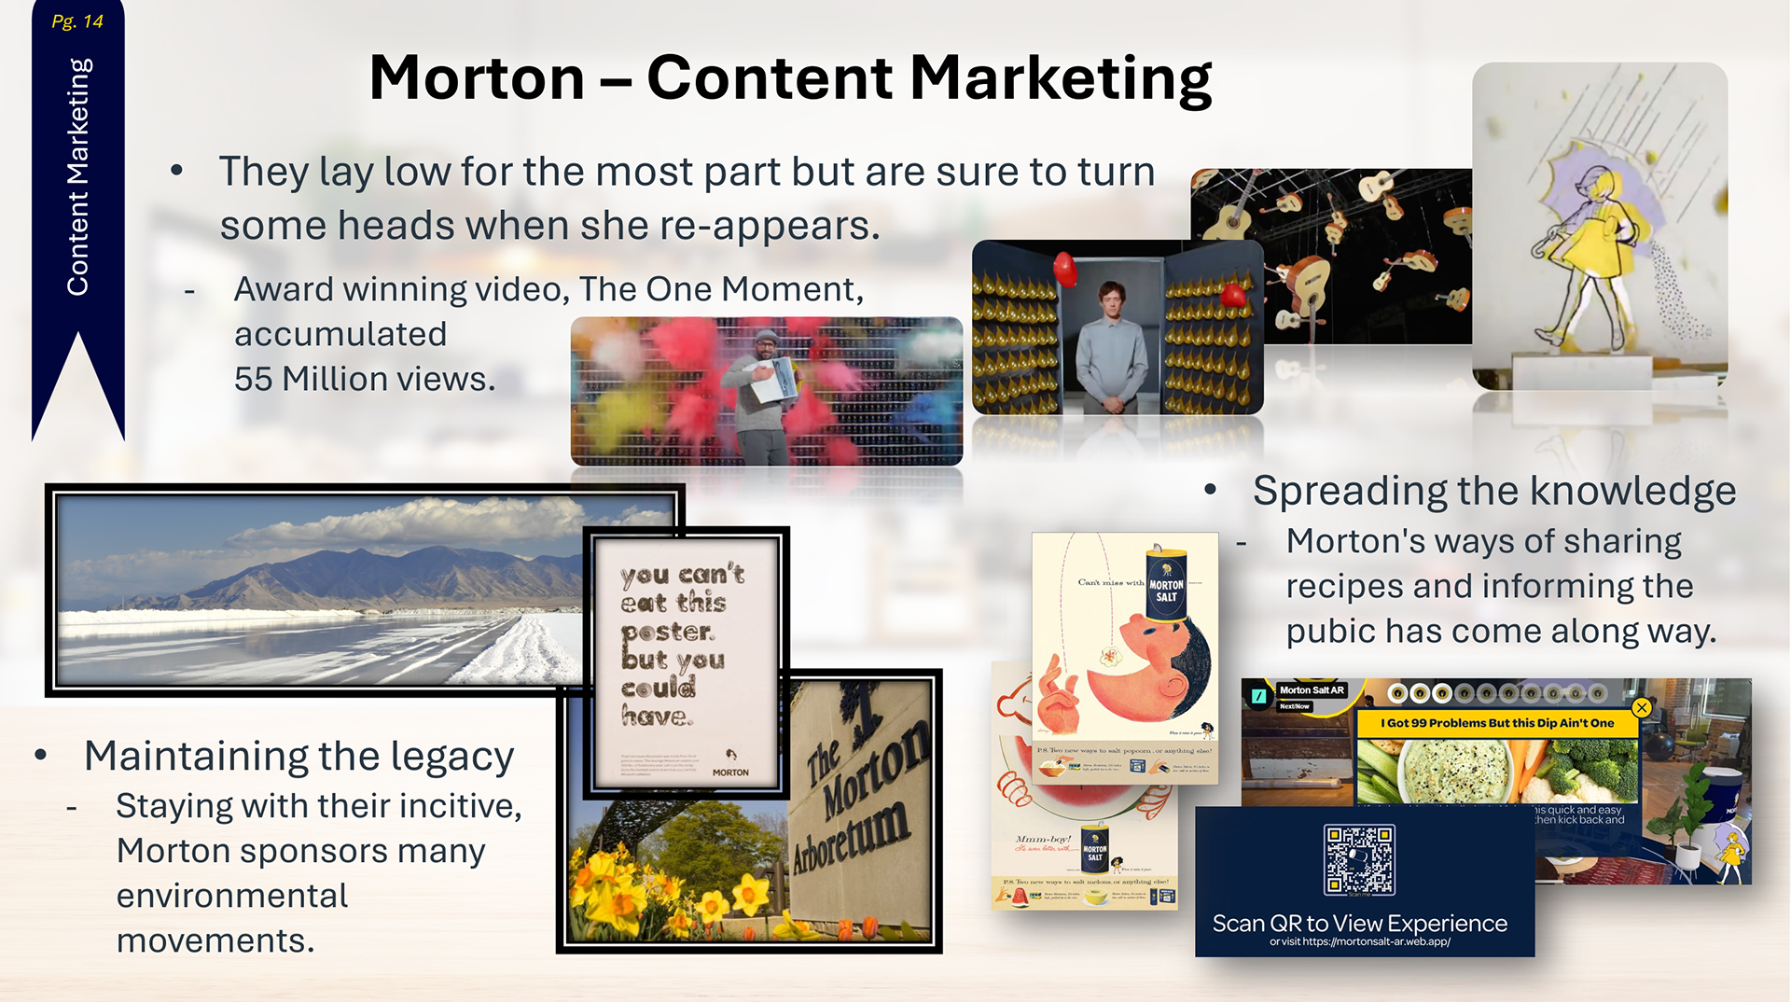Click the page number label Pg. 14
[x=77, y=21]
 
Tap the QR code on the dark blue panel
[x=1359, y=859]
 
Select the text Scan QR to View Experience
[x=1359, y=923]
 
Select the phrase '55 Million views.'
[x=365, y=379]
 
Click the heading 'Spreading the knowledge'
[x=1493, y=491]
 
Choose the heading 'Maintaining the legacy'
[x=298, y=756]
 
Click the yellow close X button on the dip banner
[x=1642, y=708]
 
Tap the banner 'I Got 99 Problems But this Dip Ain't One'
[x=1496, y=723]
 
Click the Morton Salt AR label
[x=1311, y=690]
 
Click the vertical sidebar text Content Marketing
[x=78, y=177]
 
